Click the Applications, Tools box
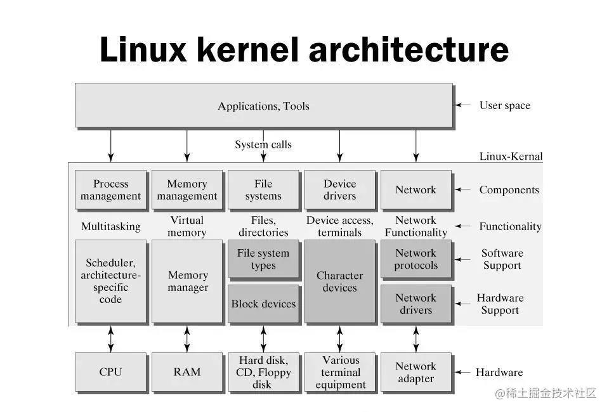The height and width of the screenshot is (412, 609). (x=264, y=105)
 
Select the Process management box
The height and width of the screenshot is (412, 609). (x=110, y=190)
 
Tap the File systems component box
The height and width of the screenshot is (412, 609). (x=263, y=190)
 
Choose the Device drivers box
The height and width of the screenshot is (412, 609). (x=340, y=190)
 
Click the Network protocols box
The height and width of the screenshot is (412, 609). (x=416, y=259)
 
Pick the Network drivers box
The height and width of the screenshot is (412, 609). (x=416, y=304)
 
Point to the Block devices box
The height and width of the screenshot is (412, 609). (x=263, y=304)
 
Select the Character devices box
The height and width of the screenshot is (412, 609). (x=340, y=281)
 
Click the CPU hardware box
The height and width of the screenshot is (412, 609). (x=110, y=372)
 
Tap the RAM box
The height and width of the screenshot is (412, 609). (x=187, y=372)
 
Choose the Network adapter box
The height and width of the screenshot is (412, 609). (x=416, y=372)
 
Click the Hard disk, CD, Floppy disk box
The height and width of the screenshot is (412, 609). (x=263, y=372)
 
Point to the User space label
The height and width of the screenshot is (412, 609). (x=505, y=105)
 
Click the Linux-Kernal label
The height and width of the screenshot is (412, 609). (x=511, y=157)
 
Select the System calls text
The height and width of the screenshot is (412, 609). (x=263, y=145)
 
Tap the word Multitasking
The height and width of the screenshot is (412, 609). (x=110, y=226)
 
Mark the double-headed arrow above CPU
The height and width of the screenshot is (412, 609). (x=110, y=339)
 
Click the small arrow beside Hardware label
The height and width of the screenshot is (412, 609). (x=462, y=373)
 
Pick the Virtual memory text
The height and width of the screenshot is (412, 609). (x=187, y=226)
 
